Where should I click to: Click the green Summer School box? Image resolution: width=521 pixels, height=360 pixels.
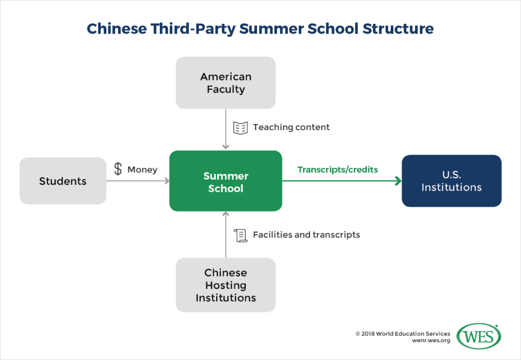225,181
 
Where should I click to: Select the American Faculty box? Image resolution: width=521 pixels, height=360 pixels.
225,83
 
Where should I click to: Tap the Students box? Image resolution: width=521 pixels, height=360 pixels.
63,181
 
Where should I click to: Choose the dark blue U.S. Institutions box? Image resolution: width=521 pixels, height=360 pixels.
451,181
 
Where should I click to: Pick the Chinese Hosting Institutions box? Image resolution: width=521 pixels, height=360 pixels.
225,285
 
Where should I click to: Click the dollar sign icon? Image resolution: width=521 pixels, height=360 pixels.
118,169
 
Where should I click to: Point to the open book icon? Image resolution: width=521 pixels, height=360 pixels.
240,127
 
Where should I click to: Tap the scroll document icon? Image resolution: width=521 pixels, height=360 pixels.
240,235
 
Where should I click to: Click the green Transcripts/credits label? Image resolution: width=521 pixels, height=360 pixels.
337,169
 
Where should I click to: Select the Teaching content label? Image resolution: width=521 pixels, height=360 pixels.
291,127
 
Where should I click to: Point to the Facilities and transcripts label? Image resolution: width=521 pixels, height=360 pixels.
306,235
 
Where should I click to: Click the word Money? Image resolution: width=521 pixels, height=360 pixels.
142,169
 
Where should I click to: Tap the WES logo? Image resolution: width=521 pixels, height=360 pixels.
479,337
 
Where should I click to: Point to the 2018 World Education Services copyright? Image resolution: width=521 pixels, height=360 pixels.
402,334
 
